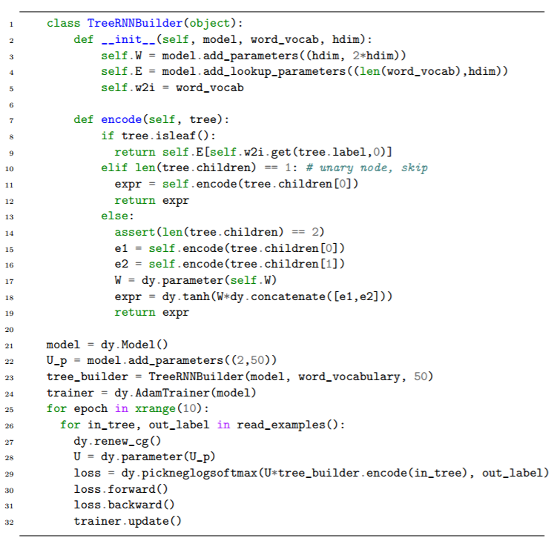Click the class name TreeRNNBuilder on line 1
coord(135,23)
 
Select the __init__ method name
coord(128,39)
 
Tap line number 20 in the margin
coord(9,330)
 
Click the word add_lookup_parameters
coord(274,72)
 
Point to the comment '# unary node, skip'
coord(367,167)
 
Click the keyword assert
coord(135,232)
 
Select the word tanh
coord(196,296)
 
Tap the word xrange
coord(155,408)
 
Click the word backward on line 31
coord(135,505)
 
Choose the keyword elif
coord(115,167)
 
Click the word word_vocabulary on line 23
coord(349,376)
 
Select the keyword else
coord(115,216)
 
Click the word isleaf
coord(176,136)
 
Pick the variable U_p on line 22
coord(57,361)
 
